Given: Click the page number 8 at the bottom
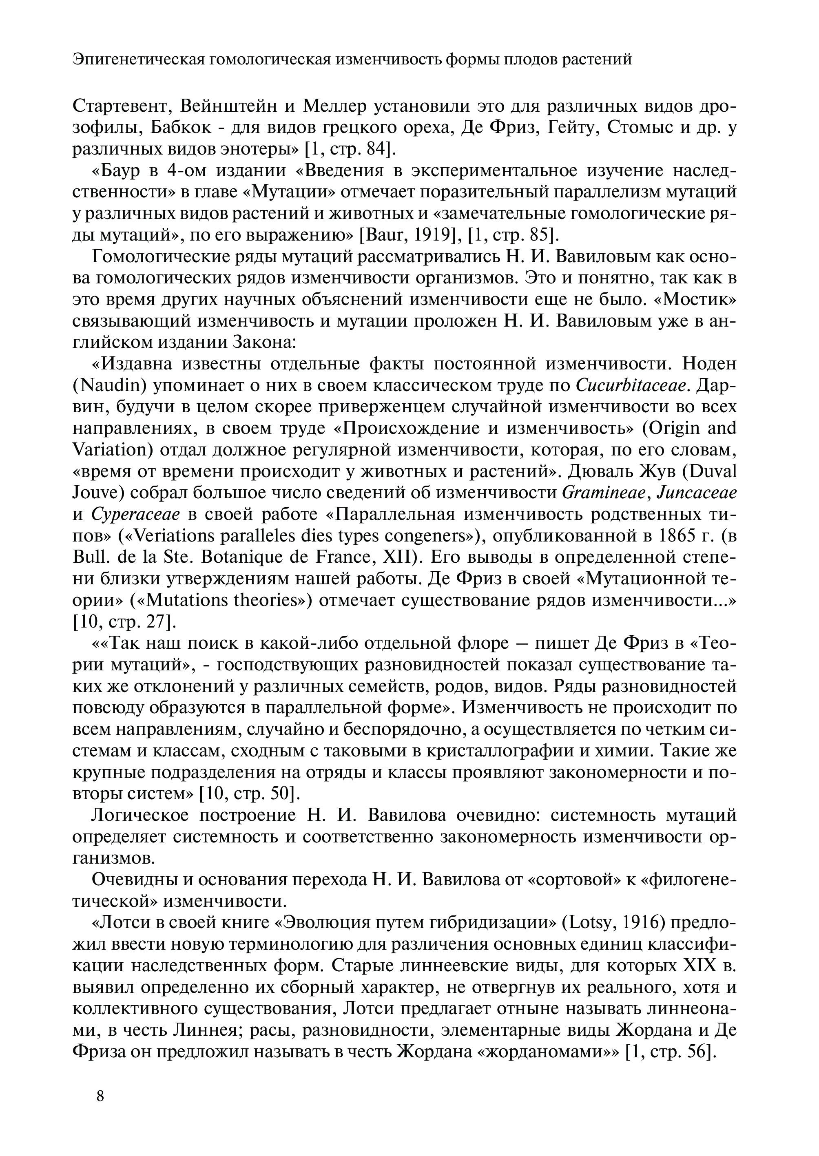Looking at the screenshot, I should [100, 1096].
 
